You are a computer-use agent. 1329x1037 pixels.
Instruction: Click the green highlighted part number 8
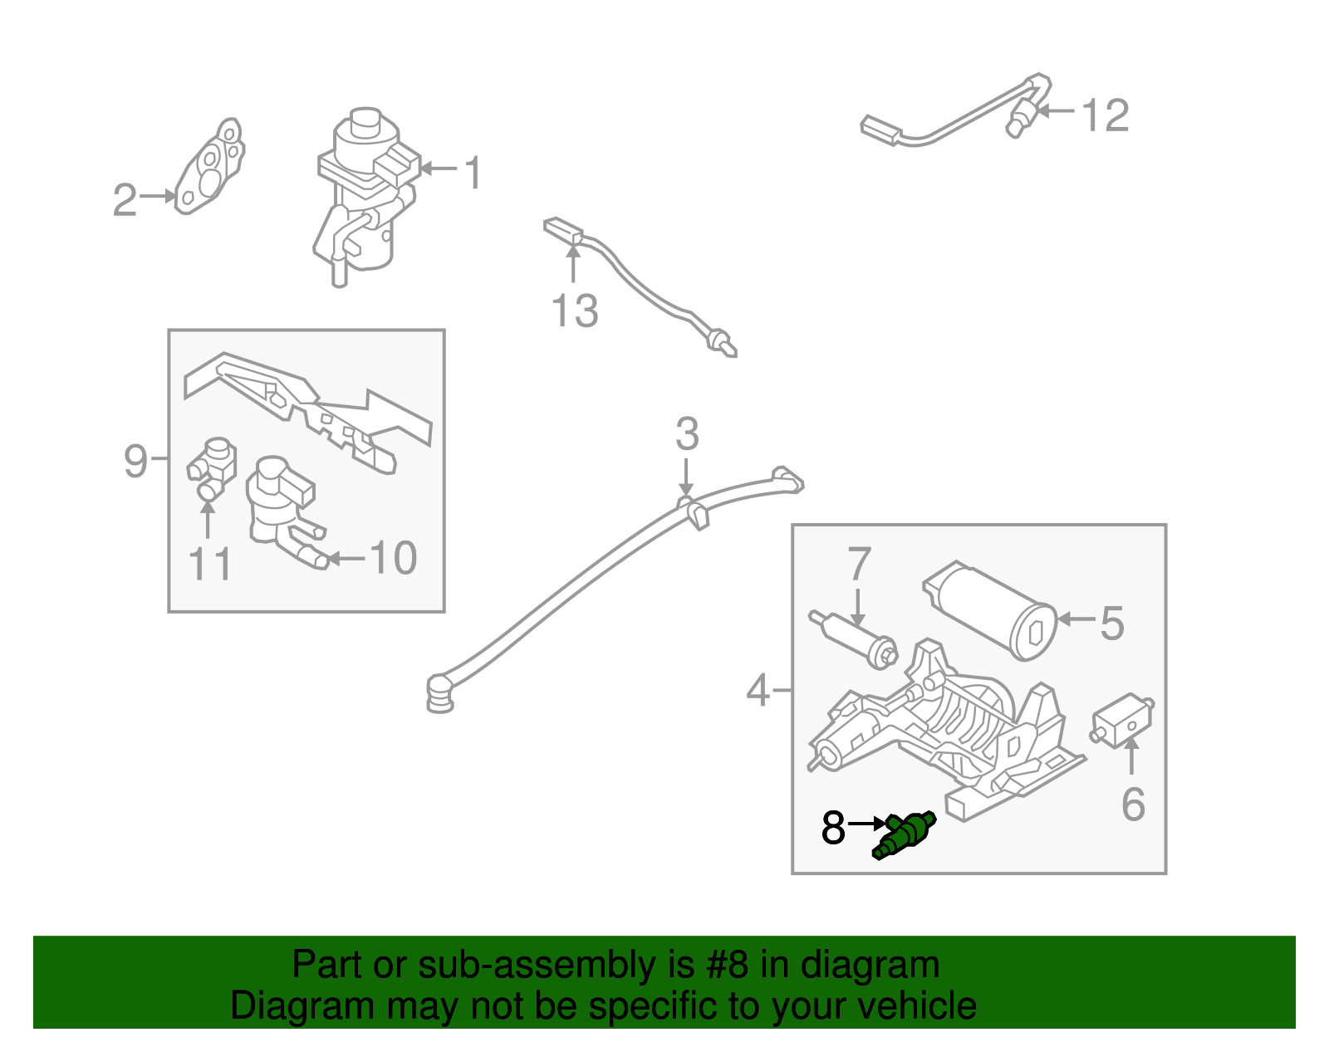point(904,835)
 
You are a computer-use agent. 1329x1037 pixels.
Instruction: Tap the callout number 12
point(1106,115)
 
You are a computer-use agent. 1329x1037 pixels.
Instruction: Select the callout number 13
point(574,311)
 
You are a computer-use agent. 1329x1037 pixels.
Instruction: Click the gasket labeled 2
point(210,166)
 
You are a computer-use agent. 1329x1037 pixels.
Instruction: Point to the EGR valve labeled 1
point(365,196)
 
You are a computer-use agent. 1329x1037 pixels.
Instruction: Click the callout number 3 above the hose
point(687,434)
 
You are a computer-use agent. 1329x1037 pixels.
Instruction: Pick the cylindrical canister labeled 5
point(989,610)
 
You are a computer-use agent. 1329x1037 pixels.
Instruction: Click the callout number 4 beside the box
point(758,691)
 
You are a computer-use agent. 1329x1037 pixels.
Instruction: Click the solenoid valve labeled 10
point(284,512)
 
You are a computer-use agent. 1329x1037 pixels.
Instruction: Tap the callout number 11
point(210,564)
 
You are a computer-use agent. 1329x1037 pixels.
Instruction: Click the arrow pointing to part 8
point(866,824)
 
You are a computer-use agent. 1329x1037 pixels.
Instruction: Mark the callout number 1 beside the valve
point(473,172)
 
